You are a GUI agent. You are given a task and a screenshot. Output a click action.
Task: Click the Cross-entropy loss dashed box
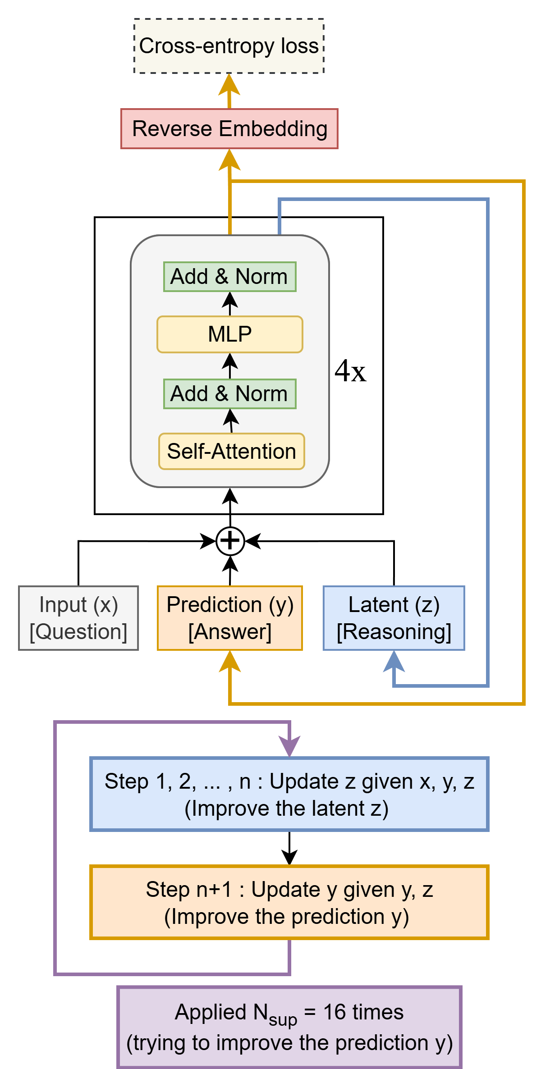[229, 46]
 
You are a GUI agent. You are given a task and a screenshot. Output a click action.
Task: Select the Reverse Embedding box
[229, 129]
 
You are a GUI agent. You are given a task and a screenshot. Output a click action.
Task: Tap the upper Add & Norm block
[229, 277]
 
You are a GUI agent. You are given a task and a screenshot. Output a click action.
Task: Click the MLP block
[229, 334]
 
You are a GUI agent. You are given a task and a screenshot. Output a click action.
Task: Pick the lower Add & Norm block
[229, 394]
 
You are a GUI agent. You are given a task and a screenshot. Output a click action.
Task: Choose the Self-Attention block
[231, 452]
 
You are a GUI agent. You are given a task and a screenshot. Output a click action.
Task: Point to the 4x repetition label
[350, 371]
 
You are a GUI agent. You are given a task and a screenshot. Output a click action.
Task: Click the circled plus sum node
[230, 541]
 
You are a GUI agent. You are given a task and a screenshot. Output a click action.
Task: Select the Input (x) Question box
[78, 618]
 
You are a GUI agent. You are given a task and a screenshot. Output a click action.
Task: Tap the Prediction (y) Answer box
[229, 618]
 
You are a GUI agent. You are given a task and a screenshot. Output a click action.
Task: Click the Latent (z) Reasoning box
[394, 618]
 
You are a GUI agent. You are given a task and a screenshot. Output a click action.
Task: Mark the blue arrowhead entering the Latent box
[394, 662]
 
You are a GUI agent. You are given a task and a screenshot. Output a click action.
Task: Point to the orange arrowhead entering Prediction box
[229, 662]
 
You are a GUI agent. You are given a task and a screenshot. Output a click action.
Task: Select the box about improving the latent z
[289, 794]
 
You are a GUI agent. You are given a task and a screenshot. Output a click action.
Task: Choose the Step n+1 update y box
[289, 902]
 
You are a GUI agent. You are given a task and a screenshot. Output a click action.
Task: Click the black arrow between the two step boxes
[289, 848]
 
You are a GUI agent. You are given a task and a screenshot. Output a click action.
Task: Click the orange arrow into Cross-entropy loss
[229, 90]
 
